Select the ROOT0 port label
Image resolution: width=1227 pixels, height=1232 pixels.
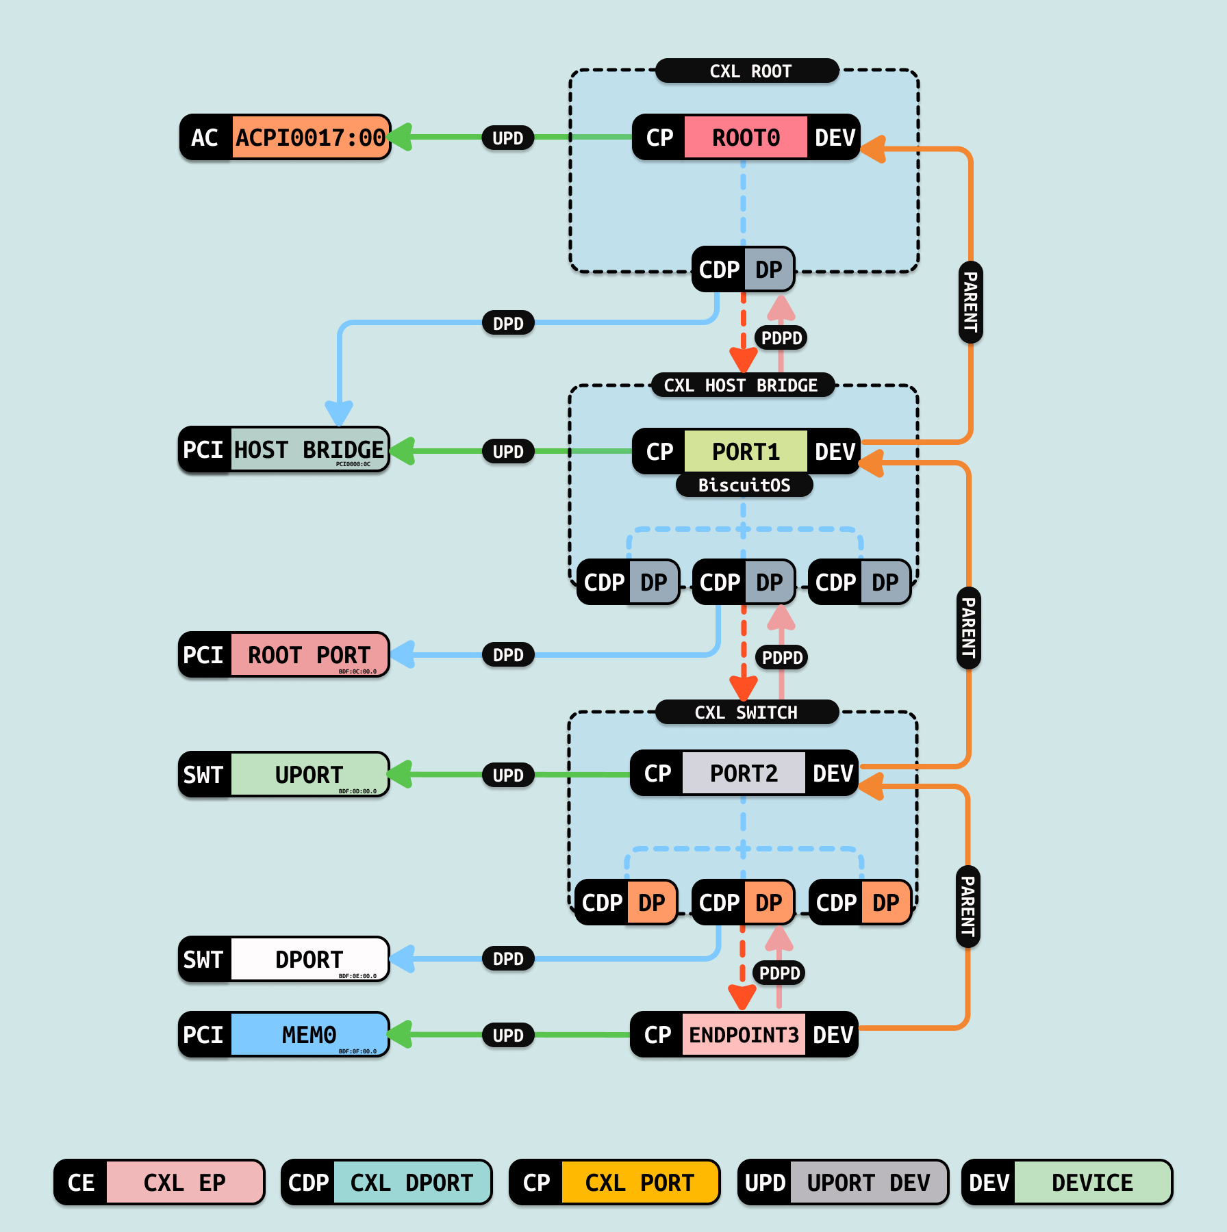point(746,138)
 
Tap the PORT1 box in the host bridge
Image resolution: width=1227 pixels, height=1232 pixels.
point(746,452)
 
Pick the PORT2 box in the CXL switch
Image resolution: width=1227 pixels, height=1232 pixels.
point(744,773)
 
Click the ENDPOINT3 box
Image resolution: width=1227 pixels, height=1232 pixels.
point(744,1035)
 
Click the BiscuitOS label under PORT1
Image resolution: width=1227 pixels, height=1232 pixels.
point(744,485)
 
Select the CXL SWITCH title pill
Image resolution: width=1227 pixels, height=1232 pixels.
point(746,713)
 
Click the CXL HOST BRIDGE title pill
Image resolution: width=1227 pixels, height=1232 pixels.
point(741,385)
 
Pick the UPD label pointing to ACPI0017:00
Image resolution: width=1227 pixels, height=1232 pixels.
point(508,138)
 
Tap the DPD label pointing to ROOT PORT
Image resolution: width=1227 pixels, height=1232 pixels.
point(508,655)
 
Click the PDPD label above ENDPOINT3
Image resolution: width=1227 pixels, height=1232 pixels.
point(780,973)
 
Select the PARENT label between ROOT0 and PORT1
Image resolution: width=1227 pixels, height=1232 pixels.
point(970,303)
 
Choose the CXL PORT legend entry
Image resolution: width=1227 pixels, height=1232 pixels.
point(614,1182)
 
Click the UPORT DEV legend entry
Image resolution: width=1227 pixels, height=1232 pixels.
point(843,1182)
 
